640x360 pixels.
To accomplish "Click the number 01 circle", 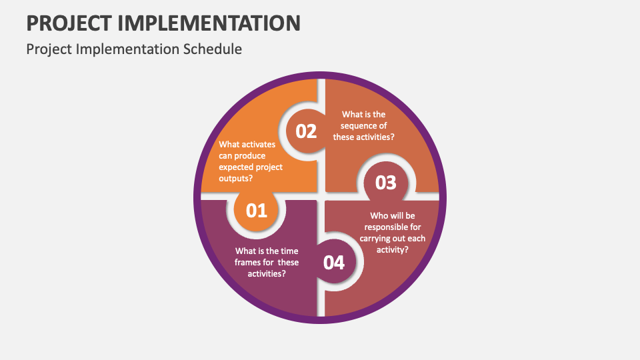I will [257, 211].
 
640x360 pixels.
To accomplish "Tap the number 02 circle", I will [306, 131].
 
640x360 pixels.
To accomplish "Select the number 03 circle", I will [386, 183].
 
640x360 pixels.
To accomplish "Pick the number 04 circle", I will [334, 263].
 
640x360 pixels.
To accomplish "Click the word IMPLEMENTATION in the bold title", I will [210, 23].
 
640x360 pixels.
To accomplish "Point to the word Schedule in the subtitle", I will [214, 49].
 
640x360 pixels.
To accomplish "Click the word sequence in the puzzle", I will [364, 125].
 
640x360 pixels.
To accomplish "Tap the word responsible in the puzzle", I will [393, 227].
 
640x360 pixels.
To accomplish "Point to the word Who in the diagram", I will [381, 215].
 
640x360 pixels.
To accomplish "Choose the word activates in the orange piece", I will [258, 144].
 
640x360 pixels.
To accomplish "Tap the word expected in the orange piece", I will [237, 167].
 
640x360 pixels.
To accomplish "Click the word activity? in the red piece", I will [393, 249].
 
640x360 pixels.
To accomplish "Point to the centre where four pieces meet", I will [321, 197].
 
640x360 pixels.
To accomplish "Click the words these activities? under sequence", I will [364, 137].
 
